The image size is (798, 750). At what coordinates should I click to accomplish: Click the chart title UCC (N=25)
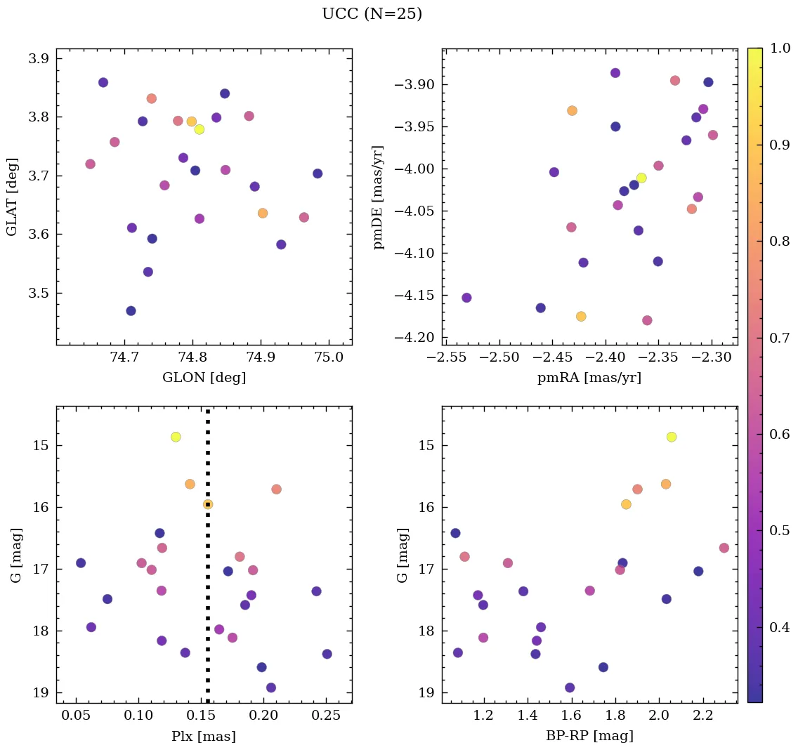point(372,14)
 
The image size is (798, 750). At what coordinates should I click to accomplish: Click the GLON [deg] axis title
point(204,378)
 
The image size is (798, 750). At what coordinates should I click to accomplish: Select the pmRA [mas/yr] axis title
point(589,378)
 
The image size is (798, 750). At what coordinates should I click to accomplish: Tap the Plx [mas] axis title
point(204,736)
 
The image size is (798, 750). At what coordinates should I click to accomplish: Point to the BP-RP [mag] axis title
point(589,736)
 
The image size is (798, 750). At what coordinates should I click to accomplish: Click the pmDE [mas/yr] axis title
point(379,197)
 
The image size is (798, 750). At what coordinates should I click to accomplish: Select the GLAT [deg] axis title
point(12,197)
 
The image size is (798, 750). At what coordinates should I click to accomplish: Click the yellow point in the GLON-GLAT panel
point(199,129)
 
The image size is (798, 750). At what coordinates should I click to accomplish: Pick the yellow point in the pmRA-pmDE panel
point(641,178)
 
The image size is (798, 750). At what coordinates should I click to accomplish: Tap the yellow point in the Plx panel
point(176,437)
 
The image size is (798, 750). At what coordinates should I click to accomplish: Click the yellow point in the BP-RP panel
point(672,437)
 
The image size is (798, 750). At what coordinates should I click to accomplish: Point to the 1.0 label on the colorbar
point(780,48)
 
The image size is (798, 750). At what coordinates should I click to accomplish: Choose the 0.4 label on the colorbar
point(780,627)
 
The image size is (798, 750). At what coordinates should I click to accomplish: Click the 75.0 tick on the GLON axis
point(329,357)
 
